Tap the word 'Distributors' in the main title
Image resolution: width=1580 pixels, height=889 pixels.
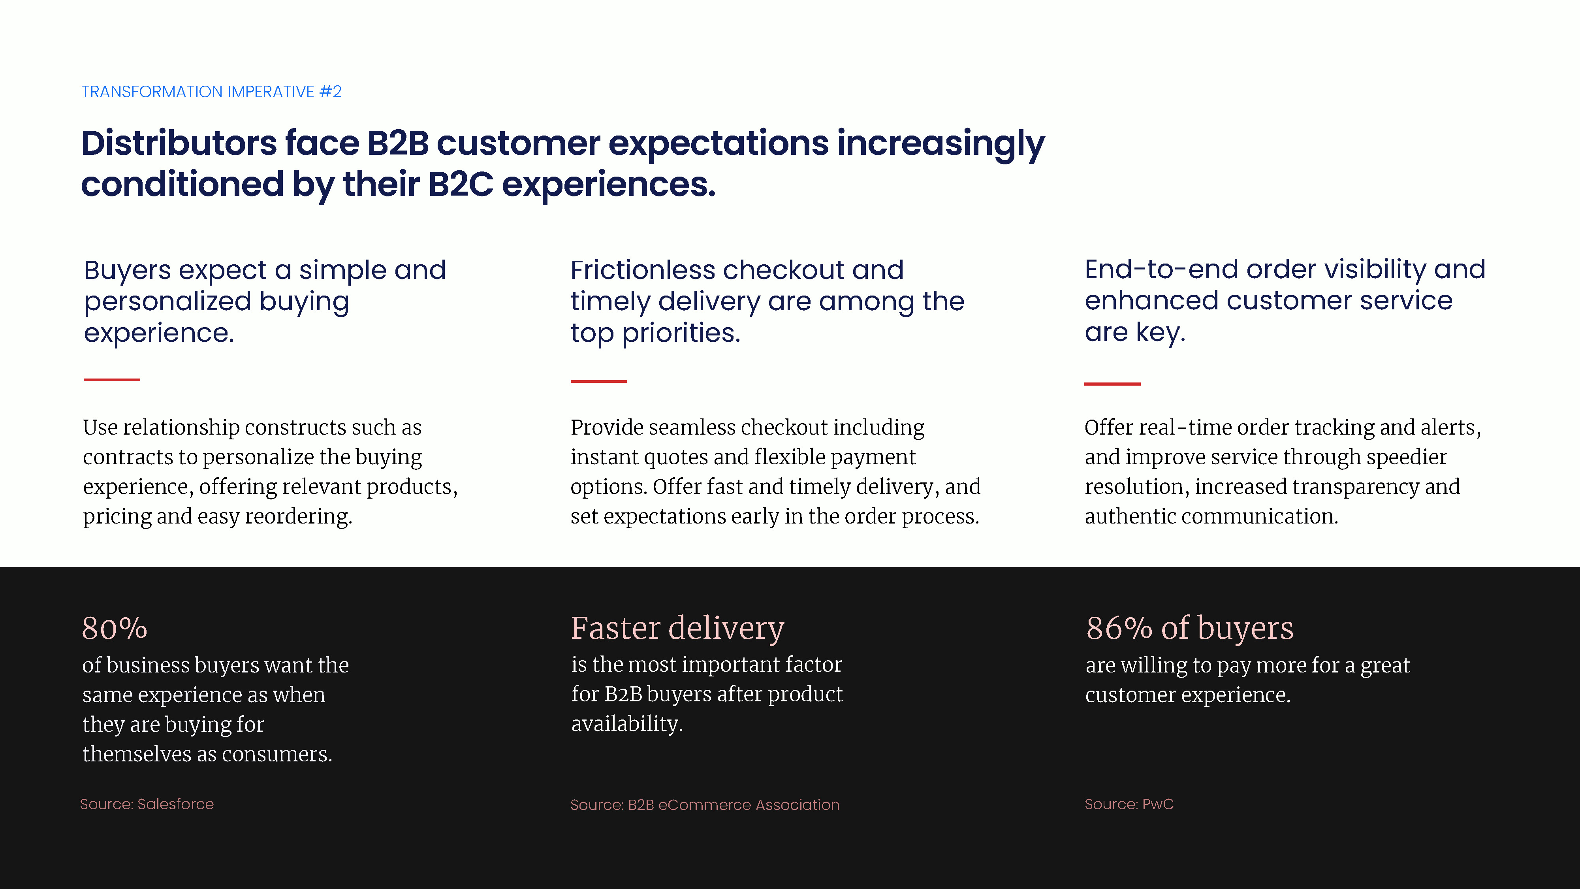(x=179, y=143)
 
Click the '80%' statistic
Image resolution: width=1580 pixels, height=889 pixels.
(x=115, y=628)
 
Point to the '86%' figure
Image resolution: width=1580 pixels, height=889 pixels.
(x=1119, y=628)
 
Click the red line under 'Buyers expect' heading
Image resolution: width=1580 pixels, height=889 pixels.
(x=112, y=380)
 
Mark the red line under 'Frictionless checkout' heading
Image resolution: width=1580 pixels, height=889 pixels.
(x=599, y=381)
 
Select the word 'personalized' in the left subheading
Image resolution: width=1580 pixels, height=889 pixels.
(x=168, y=302)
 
